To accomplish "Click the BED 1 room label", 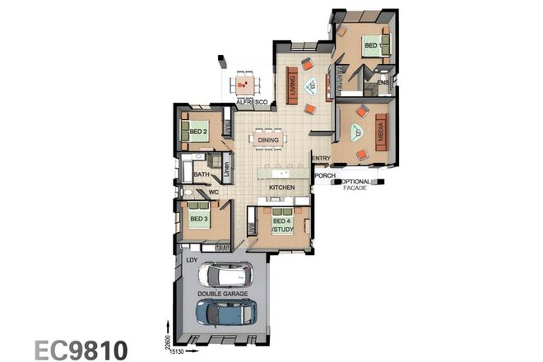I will pyautogui.click(x=371, y=44).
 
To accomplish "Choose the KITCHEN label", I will pyautogui.click(x=282, y=188).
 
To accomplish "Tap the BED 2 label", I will pyautogui.click(x=197, y=132).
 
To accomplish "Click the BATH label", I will pyautogui.click(x=201, y=174).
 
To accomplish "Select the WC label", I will pyautogui.click(x=212, y=193).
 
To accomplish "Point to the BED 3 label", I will pyautogui.click(x=197, y=219).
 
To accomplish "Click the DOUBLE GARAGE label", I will pyautogui.click(x=223, y=294).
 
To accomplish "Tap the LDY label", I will pyautogui.click(x=192, y=261).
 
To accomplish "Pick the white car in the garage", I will pyautogui.click(x=229, y=275).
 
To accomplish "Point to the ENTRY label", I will pyautogui.click(x=321, y=158).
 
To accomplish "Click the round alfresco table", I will pyautogui.click(x=243, y=83).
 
